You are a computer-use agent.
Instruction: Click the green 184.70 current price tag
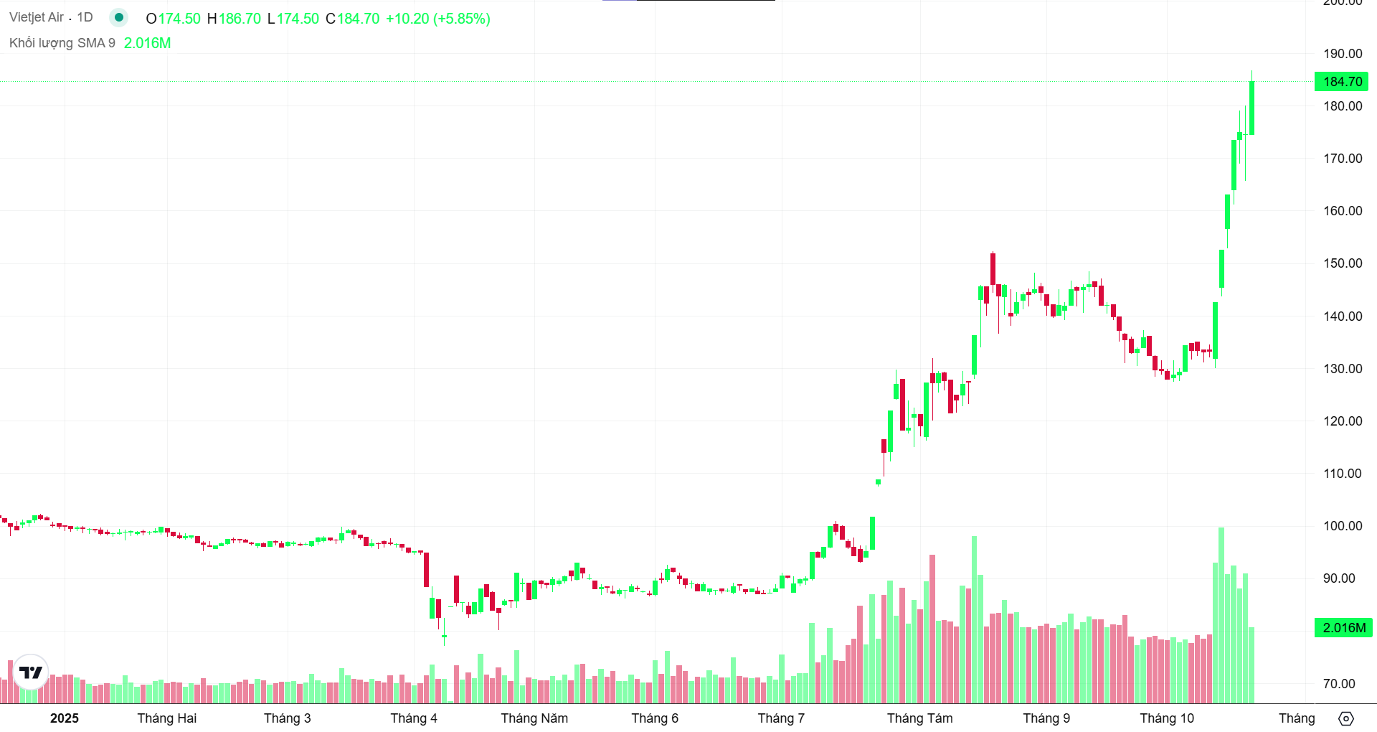(1341, 82)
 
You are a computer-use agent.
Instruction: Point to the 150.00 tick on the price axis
(1343, 263)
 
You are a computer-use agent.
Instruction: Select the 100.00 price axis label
(1343, 526)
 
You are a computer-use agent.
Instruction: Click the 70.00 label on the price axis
(1339, 684)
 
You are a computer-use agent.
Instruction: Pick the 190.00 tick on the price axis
(1343, 54)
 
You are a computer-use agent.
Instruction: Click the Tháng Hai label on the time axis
(166, 718)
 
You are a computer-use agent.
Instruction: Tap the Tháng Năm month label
(534, 718)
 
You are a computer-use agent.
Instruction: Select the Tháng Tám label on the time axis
(919, 718)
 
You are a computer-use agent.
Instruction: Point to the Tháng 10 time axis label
(1167, 718)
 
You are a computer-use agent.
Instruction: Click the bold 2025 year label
(65, 718)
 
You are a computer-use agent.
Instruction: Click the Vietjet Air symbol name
(37, 17)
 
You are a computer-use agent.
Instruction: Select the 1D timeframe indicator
(85, 17)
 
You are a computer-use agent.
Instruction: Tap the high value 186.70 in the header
(240, 19)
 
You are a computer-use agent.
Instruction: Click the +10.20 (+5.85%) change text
(438, 19)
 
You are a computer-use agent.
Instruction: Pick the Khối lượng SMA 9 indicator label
(62, 43)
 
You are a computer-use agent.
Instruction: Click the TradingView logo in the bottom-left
(31, 672)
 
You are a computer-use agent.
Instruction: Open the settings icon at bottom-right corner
(1346, 718)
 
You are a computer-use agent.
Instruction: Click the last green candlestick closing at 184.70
(1251, 108)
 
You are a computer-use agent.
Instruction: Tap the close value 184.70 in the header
(358, 19)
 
